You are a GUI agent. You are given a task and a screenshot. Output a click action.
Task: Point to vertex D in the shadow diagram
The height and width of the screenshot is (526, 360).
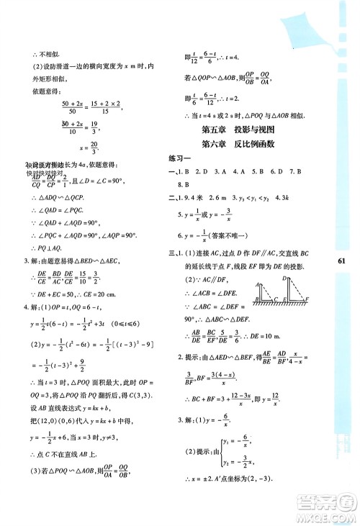click(x=285, y=277)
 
